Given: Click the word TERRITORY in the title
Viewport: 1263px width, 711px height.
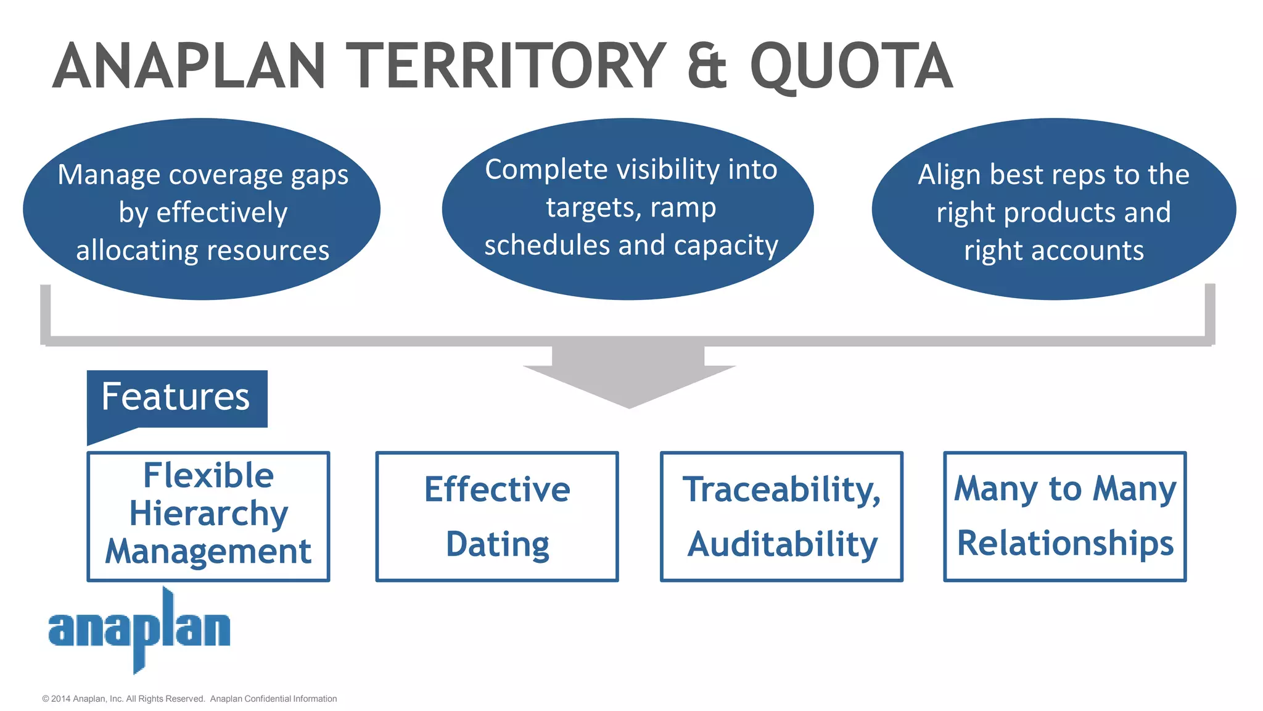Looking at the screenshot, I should (506, 66).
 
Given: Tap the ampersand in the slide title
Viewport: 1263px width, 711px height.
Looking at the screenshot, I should (707, 66).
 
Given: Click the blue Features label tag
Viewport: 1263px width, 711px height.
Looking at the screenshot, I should (177, 398).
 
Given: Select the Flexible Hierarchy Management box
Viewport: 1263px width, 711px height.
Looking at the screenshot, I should (208, 516).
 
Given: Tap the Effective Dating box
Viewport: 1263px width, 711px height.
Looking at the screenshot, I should (497, 516).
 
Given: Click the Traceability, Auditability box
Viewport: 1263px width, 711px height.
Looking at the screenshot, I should (781, 516).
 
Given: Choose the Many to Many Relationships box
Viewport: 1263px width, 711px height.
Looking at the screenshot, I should (1065, 516).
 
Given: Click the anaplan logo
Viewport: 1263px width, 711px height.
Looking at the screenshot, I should (139, 630).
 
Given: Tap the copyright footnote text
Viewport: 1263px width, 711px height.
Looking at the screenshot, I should (189, 699).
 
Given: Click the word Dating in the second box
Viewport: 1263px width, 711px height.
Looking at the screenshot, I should (497, 544).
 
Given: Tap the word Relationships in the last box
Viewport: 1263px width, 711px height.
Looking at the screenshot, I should (1065, 543).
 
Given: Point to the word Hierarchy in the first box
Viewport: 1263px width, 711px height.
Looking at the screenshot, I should (208, 513).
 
